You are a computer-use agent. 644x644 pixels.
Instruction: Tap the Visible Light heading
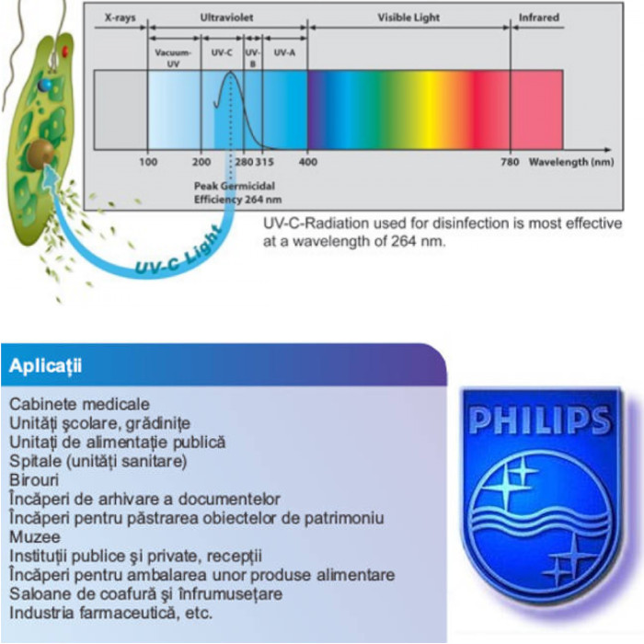pos(408,17)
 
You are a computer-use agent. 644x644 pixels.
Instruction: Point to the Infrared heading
pos(538,17)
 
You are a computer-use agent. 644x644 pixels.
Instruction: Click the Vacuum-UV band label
pos(173,56)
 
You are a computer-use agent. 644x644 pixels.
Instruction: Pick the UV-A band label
pos(285,52)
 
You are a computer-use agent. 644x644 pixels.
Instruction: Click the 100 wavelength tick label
pos(148,162)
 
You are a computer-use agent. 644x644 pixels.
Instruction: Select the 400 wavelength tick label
pos(308,162)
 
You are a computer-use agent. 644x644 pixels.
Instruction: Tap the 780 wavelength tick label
pos(511,162)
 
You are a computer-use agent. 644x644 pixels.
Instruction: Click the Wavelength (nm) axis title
pos(571,162)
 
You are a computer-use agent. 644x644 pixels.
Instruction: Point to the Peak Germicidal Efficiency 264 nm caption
pos(231,191)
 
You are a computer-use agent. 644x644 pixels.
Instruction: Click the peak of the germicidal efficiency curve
pos(231,75)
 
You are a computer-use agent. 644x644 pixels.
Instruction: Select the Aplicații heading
pos(45,366)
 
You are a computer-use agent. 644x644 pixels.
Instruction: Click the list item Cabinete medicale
pos(79,404)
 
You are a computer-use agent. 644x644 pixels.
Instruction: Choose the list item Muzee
pos(35,535)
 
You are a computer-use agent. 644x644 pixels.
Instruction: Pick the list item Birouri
pos(34,480)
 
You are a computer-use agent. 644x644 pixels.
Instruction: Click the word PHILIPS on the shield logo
pos(540,421)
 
